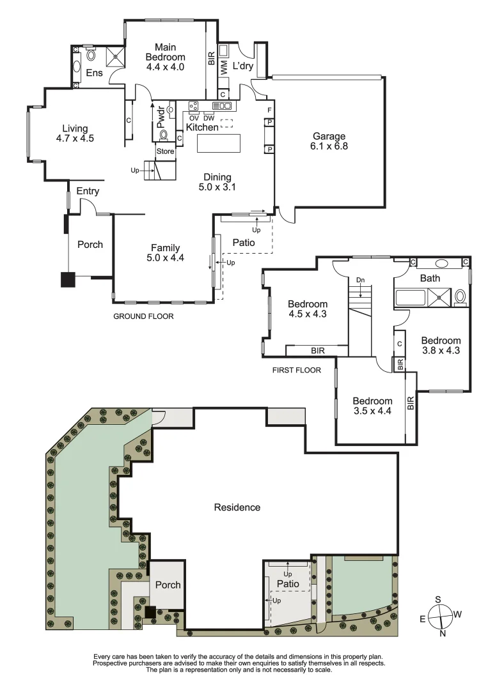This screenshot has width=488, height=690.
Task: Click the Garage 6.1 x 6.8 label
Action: [329, 141]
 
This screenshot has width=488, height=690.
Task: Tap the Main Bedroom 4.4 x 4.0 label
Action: [164, 56]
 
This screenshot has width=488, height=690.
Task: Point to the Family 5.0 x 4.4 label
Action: [165, 253]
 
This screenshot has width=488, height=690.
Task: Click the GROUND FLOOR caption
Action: [143, 316]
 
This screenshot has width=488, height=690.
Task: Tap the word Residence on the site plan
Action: [237, 507]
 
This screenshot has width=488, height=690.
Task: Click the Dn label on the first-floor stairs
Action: [361, 280]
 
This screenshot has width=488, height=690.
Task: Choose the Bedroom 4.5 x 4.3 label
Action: [307, 309]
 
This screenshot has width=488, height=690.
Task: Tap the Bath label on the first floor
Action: [430, 279]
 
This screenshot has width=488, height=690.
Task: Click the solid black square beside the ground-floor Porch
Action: [68, 280]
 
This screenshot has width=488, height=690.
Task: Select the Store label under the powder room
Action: [165, 151]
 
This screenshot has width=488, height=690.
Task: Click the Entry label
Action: [88, 191]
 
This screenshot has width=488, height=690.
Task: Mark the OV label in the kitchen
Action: [193, 118]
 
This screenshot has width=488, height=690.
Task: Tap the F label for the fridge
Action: [270, 110]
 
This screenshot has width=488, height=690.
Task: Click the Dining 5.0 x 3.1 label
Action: [217, 182]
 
